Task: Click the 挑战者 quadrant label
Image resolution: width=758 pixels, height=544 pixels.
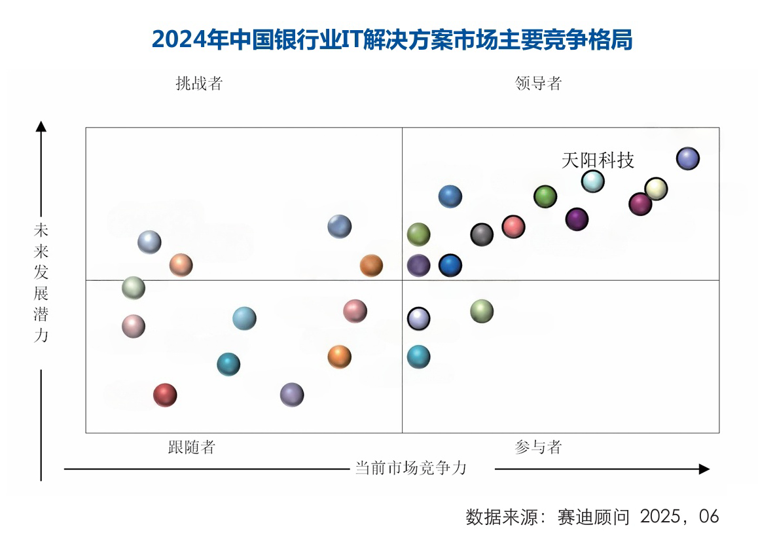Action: click(199, 84)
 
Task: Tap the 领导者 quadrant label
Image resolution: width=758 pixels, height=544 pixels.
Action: click(538, 84)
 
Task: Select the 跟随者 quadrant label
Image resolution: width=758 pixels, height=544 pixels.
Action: click(191, 448)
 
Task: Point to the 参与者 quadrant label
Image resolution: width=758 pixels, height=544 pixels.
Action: click(538, 448)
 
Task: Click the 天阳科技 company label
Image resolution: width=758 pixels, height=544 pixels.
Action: click(598, 160)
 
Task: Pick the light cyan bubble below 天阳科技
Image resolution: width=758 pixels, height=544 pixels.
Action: click(592, 181)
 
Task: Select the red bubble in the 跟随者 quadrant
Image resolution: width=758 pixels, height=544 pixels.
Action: click(165, 395)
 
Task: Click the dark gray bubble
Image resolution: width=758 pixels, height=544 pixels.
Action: click(482, 234)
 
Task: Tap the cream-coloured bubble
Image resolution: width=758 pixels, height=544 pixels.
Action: click(656, 189)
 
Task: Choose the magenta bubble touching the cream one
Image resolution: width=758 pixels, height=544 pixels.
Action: click(640, 204)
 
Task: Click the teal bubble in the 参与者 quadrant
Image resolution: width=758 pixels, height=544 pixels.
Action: click(418, 357)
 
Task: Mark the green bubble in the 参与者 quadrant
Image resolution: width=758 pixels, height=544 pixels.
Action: click(481, 311)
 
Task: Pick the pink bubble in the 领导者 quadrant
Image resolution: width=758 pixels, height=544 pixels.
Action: click(513, 227)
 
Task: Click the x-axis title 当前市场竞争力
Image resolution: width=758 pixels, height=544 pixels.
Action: click(410, 468)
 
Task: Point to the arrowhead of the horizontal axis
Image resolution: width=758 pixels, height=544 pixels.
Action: click(704, 469)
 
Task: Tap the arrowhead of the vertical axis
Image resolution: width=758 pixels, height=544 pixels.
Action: click(41, 126)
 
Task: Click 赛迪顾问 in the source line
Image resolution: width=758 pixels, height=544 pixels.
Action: click(594, 517)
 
